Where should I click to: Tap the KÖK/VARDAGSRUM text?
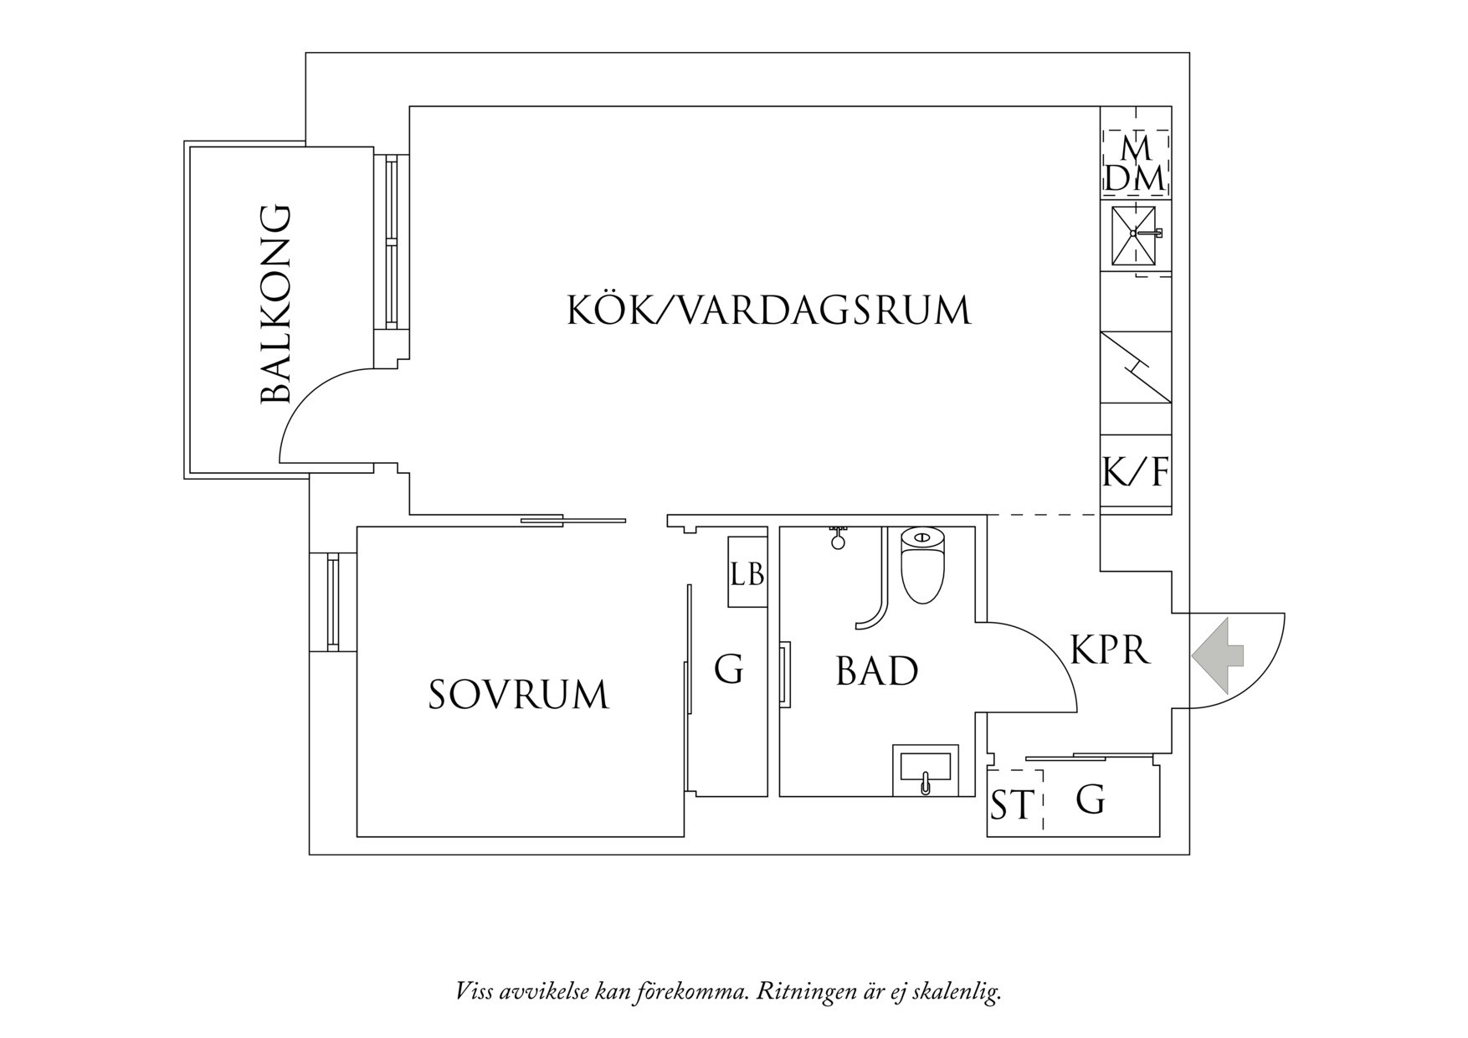(x=768, y=311)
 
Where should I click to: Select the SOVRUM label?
(x=518, y=695)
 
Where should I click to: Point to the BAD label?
(x=876, y=671)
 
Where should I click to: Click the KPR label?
(x=1110, y=650)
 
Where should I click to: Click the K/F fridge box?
(x=1135, y=472)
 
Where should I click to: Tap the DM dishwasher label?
(x=1135, y=178)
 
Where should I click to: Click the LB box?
(x=747, y=573)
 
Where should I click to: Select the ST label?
(x=1012, y=805)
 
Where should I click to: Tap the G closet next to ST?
(x=1091, y=800)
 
